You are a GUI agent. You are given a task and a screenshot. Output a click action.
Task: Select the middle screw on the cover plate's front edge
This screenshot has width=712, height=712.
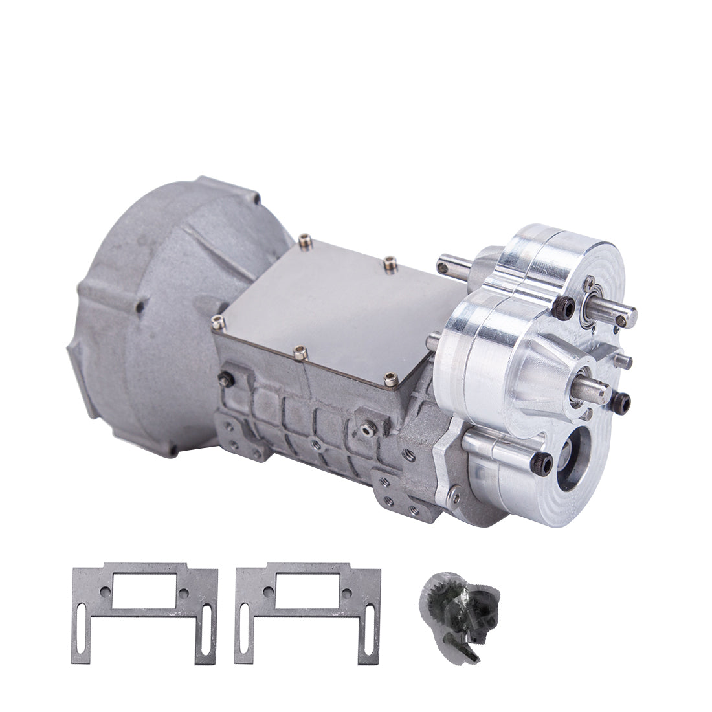pos(298,351)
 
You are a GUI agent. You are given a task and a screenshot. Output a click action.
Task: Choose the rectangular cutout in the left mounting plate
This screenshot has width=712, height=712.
pos(145,592)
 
